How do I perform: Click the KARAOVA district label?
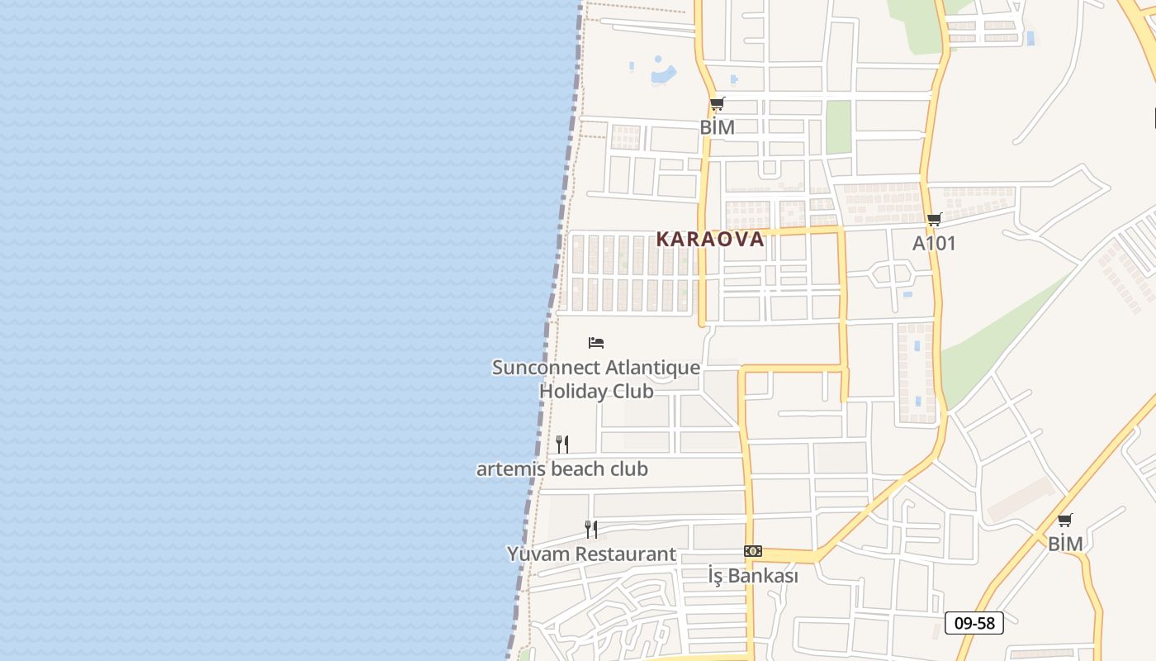pos(710,240)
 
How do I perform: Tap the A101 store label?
pos(934,244)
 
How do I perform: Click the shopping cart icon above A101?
pos(934,219)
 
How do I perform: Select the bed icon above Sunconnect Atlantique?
pos(596,342)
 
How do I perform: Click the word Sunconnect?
pos(546,368)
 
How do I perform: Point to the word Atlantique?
pos(652,368)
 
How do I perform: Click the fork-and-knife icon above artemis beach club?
pos(562,444)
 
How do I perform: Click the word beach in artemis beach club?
pos(576,469)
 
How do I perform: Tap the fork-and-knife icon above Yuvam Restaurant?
pos(591,529)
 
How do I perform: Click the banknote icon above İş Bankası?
pos(752,551)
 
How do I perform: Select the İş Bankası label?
pos(753,576)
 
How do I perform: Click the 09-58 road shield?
pos(974,623)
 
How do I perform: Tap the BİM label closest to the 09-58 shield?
pos(1065,544)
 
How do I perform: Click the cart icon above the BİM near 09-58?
pos(1065,521)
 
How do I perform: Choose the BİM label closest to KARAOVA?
pos(717,127)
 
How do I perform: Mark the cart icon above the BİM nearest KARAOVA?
pos(717,104)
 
